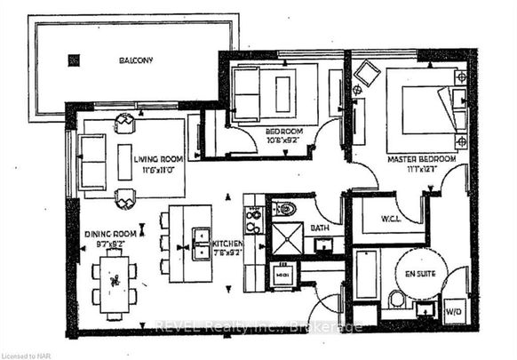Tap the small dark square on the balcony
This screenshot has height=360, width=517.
pos(73,60)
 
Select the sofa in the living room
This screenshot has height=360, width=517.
pos(91,162)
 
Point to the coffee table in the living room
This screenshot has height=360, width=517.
pos(123,161)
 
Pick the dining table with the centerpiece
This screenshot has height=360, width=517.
pos(114,282)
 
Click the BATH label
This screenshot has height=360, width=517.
pos(320,228)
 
